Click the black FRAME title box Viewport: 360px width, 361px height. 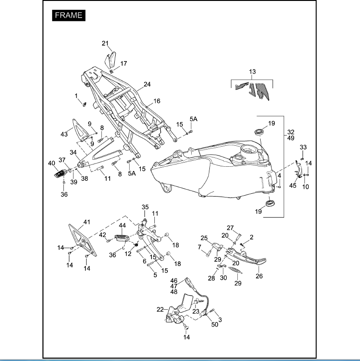pos(69,15)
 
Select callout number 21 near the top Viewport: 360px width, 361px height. pos(105,43)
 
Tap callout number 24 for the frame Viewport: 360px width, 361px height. pos(147,84)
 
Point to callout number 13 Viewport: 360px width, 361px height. pos(252,72)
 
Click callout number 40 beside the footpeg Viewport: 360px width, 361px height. pos(51,163)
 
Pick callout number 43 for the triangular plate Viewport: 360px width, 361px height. pos(64,134)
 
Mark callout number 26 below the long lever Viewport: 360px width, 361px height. pos(259,276)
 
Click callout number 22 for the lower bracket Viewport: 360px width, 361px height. pos(159,310)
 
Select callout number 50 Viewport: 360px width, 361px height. pos(215,324)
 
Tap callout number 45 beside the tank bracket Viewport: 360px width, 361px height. pos(292,185)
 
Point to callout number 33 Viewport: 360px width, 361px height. pos(303,147)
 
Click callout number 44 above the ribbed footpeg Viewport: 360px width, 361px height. pos(123,225)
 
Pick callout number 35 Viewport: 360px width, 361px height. pos(145,207)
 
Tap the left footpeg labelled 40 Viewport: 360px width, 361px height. pos(59,174)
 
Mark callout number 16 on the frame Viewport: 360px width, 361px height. pos(157,101)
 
